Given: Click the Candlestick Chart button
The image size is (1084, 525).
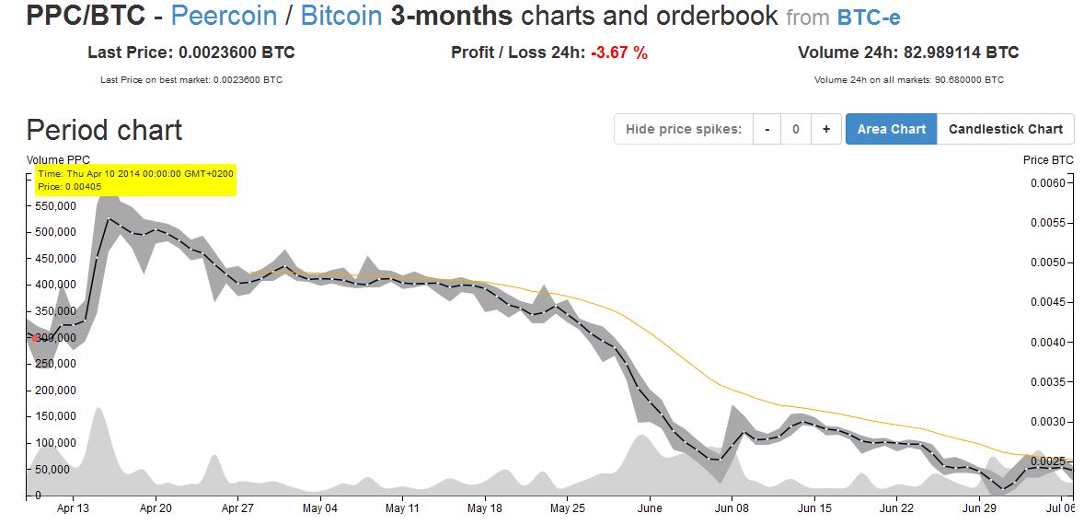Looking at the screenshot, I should click(x=1005, y=129).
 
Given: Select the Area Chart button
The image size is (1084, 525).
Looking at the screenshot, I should click(x=891, y=129).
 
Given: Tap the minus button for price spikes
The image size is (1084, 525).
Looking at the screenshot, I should click(x=767, y=129).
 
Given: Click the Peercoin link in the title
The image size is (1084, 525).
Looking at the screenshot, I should click(x=224, y=17).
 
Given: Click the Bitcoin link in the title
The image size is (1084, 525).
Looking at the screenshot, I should click(x=340, y=17).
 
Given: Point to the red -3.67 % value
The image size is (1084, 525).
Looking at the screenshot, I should click(x=619, y=52).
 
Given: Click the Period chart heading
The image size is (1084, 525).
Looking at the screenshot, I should click(x=104, y=130).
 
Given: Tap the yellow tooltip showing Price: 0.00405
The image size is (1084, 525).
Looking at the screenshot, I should click(x=135, y=180).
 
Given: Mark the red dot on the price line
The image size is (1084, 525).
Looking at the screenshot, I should click(x=35, y=338).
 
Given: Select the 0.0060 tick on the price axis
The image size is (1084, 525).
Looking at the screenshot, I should click(x=1047, y=183).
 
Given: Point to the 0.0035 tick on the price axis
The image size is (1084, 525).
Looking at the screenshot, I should click(x=1047, y=382).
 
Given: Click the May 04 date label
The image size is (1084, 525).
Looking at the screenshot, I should click(x=319, y=507).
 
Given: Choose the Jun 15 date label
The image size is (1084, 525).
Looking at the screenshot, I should click(x=814, y=507).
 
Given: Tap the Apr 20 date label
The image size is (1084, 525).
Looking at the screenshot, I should click(x=156, y=507).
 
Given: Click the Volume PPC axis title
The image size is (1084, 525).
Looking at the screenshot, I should click(x=59, y=159).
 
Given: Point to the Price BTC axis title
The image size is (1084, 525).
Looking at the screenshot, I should click(x=1048, y=159).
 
